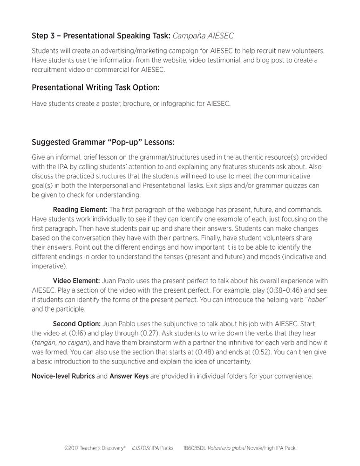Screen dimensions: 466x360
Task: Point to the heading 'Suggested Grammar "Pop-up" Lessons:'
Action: click(x=103, y=142)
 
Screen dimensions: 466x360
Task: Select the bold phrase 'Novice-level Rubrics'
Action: click(x=63, y=376)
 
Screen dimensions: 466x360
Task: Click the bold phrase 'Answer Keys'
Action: click(x=129, y=376)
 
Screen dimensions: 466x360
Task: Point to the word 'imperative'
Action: click(x=49, y=267)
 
